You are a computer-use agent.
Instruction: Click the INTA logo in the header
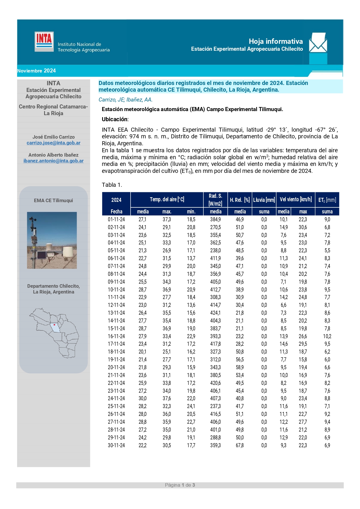[44, 41]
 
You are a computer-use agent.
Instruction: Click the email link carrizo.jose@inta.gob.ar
[53, 143]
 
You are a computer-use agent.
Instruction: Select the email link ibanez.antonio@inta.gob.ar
[53, 161]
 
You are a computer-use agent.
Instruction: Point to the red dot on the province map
[54, 325]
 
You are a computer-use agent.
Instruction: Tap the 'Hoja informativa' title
[276, 41]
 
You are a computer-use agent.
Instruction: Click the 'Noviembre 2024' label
[37, 71]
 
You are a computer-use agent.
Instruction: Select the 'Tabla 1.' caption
[112, 185]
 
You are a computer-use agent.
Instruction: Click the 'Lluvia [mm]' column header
[264, 200]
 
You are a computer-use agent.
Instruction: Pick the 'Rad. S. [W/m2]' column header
[215, 200]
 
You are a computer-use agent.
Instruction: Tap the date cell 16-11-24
[116, 336]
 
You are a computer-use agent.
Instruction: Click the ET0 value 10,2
[327, 336]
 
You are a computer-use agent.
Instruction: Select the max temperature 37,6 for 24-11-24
[167, 398]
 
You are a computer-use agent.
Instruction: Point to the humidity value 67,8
[240, 445]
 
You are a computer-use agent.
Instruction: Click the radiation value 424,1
[215, 313]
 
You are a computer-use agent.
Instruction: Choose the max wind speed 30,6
[303, 227]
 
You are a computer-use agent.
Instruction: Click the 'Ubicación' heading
[115, 119]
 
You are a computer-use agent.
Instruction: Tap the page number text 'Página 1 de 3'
[180, 485]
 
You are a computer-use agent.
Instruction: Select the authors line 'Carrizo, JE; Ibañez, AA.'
[125, 100]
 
